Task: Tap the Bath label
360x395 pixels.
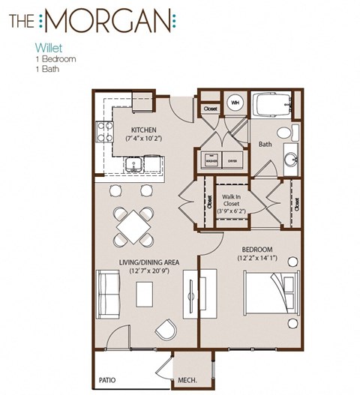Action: [265, 143]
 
